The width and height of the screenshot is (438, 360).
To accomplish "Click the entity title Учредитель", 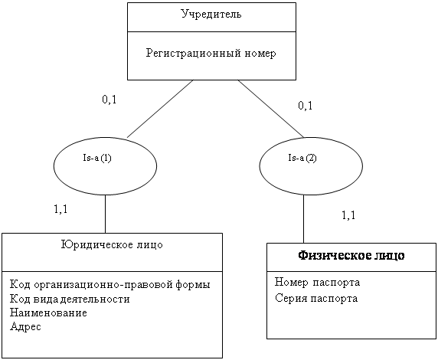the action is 211,14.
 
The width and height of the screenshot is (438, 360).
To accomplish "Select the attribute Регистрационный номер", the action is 211,53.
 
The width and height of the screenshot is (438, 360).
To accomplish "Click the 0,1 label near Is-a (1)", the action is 109,100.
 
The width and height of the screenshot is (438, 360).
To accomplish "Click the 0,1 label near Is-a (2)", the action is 306,106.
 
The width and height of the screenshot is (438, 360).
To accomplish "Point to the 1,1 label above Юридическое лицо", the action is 60,209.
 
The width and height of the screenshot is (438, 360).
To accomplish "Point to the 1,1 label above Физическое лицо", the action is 348,215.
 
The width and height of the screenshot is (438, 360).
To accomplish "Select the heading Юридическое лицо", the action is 112,245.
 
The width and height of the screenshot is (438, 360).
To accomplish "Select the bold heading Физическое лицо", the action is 351,256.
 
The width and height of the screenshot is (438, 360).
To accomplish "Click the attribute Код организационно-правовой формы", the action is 110,285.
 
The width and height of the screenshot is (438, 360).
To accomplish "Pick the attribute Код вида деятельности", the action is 70,299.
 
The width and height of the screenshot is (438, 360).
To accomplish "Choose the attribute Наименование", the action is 48,313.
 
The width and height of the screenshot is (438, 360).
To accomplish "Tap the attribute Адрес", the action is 25,326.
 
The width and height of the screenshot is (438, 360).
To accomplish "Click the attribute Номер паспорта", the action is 317,283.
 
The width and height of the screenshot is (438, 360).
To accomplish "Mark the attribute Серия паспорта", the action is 316,298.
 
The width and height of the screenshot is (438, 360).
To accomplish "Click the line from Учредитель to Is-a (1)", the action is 160,109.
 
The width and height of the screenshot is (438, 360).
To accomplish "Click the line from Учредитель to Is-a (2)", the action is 271,109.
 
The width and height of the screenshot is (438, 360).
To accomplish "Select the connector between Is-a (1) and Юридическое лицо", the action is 106,214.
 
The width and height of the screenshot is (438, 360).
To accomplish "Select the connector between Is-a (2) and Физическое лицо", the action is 304,219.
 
